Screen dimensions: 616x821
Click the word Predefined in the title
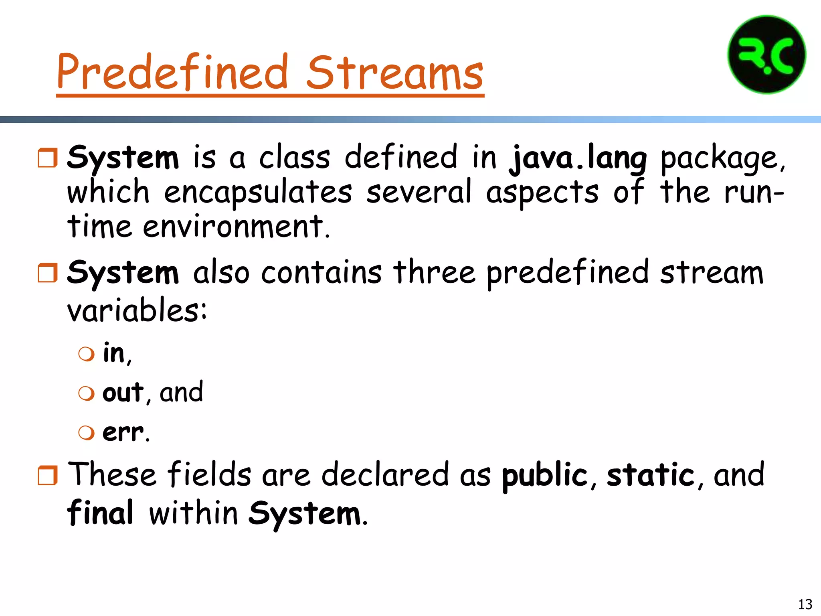(x=172, y=72)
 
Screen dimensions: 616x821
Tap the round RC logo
(x=766, y=55)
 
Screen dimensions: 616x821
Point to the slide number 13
(x=805, y=604)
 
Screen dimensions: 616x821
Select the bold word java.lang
(x=578, y=158)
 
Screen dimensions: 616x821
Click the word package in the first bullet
(x=722, y=158)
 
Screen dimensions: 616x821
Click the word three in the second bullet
(x=434, y=273)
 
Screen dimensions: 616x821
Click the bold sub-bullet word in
(x=114, y=353)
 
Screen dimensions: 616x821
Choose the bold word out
(x=123, y=392)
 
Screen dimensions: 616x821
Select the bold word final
(x=100, y=513)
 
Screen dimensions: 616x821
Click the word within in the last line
(x=194, y=514)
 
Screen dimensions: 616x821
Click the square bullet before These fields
(x=48, y=476)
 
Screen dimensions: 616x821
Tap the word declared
(x=385, y=475)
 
